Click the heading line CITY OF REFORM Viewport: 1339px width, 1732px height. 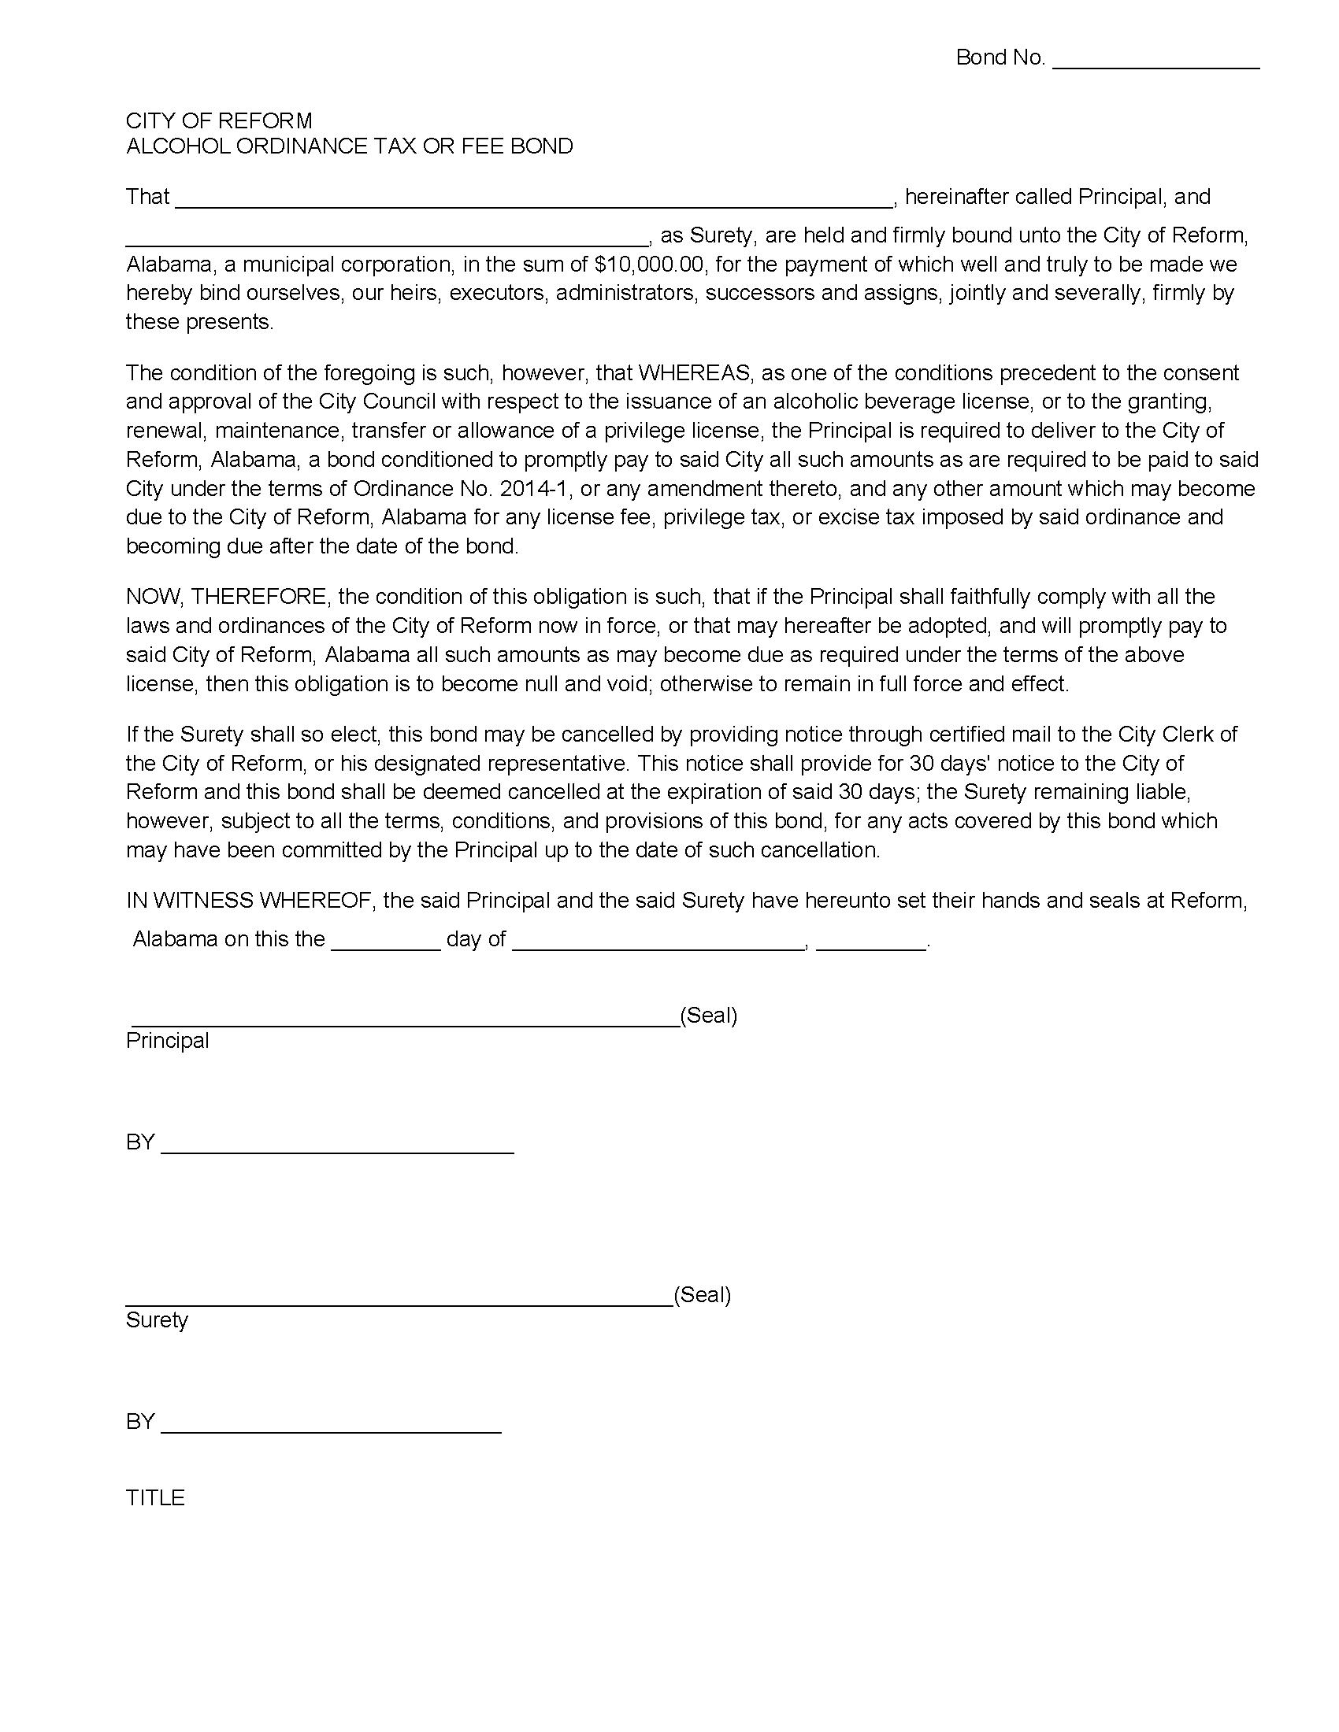(219, 120)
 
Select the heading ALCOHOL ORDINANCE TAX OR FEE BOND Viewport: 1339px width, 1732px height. (349, 146)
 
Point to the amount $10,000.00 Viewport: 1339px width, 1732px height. (648, 264)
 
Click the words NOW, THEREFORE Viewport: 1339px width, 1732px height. (225, 597)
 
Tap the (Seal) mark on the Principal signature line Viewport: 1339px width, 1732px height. (708, 1015)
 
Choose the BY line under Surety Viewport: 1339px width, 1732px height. (331, 1426)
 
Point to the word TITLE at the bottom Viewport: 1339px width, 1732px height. (155, 1497)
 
